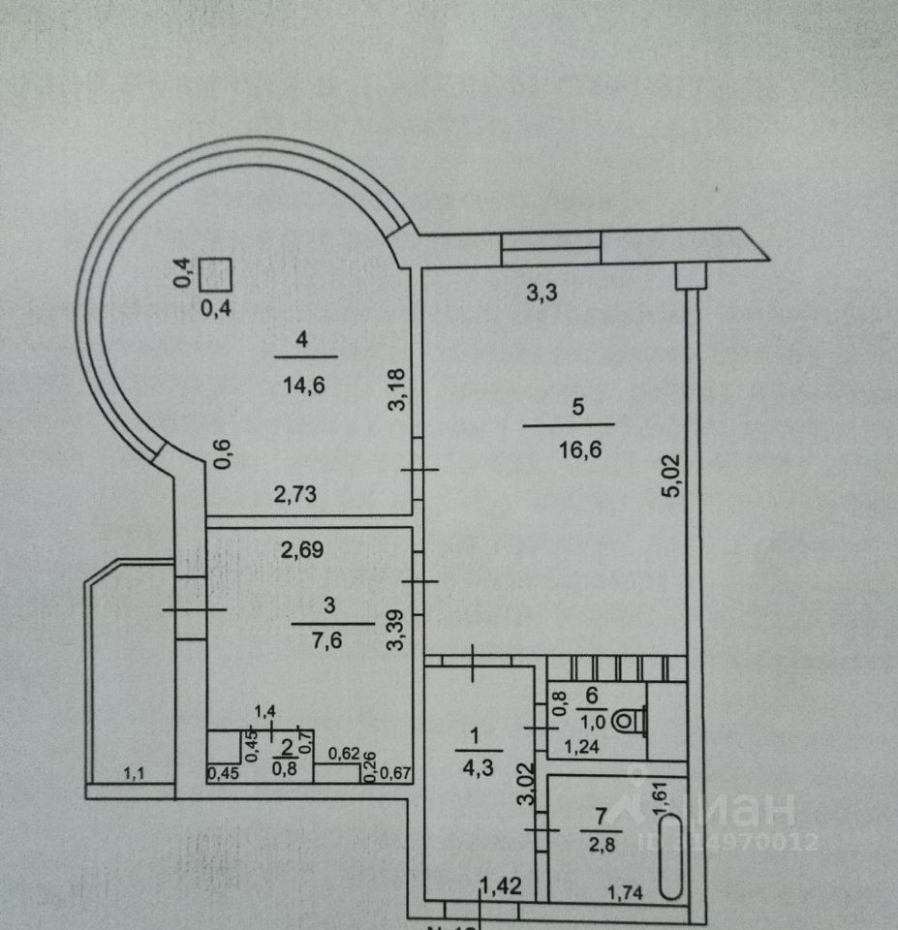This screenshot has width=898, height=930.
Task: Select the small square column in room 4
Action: (x=215, y=275)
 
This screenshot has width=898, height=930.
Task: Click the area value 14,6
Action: (x=303, y=384)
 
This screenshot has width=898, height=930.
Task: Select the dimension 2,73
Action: (x=295, y=496)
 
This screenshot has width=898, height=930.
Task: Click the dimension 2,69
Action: (x=303, y=550)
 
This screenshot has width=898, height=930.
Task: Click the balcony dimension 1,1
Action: (x=133, y=773)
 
